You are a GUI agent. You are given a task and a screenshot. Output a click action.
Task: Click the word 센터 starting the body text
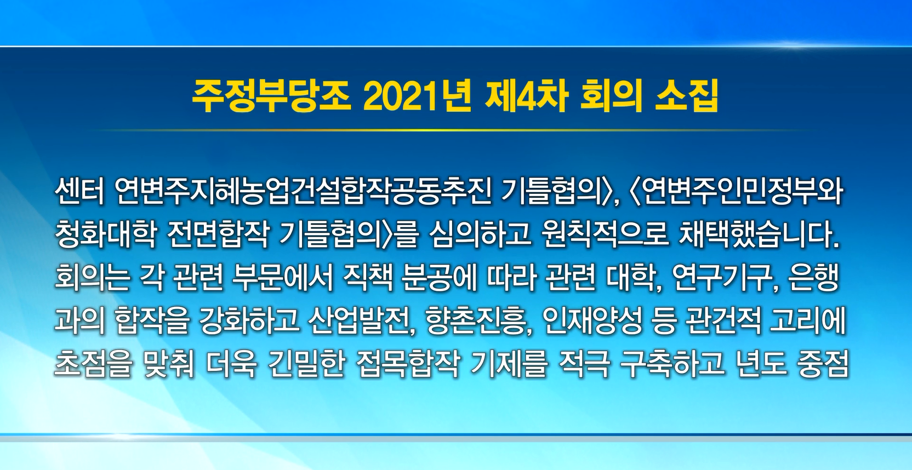click(x=80, y=192)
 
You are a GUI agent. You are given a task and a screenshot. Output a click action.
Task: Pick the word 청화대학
click(x=105, y=235)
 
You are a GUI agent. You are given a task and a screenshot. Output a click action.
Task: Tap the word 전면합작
click(x=218, y=235)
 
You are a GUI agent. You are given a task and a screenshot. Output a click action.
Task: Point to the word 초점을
click(x=93, y=364)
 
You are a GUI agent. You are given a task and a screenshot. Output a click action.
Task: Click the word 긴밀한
click(x=307, y=364)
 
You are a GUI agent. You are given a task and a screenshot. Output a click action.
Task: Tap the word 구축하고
click(x=671, y=364)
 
